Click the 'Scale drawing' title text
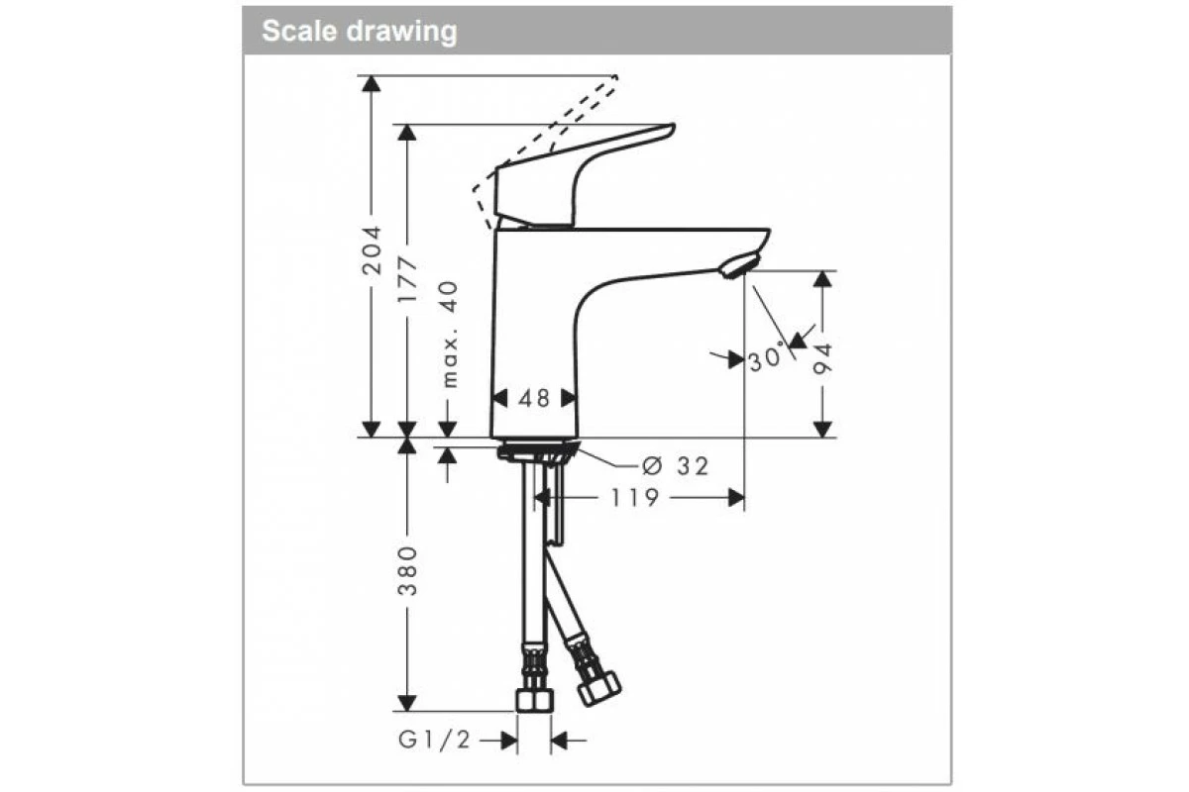(x=359, y=31)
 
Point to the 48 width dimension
(x=534, y=398)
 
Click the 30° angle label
(x=765, y=358)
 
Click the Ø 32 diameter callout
(x=675, y=466)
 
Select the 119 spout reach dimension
(x=634, y=498)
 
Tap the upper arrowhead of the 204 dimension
(x=372, y=83)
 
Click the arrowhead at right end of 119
(x=736, y=498)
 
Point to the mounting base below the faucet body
(x=534, y=451)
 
